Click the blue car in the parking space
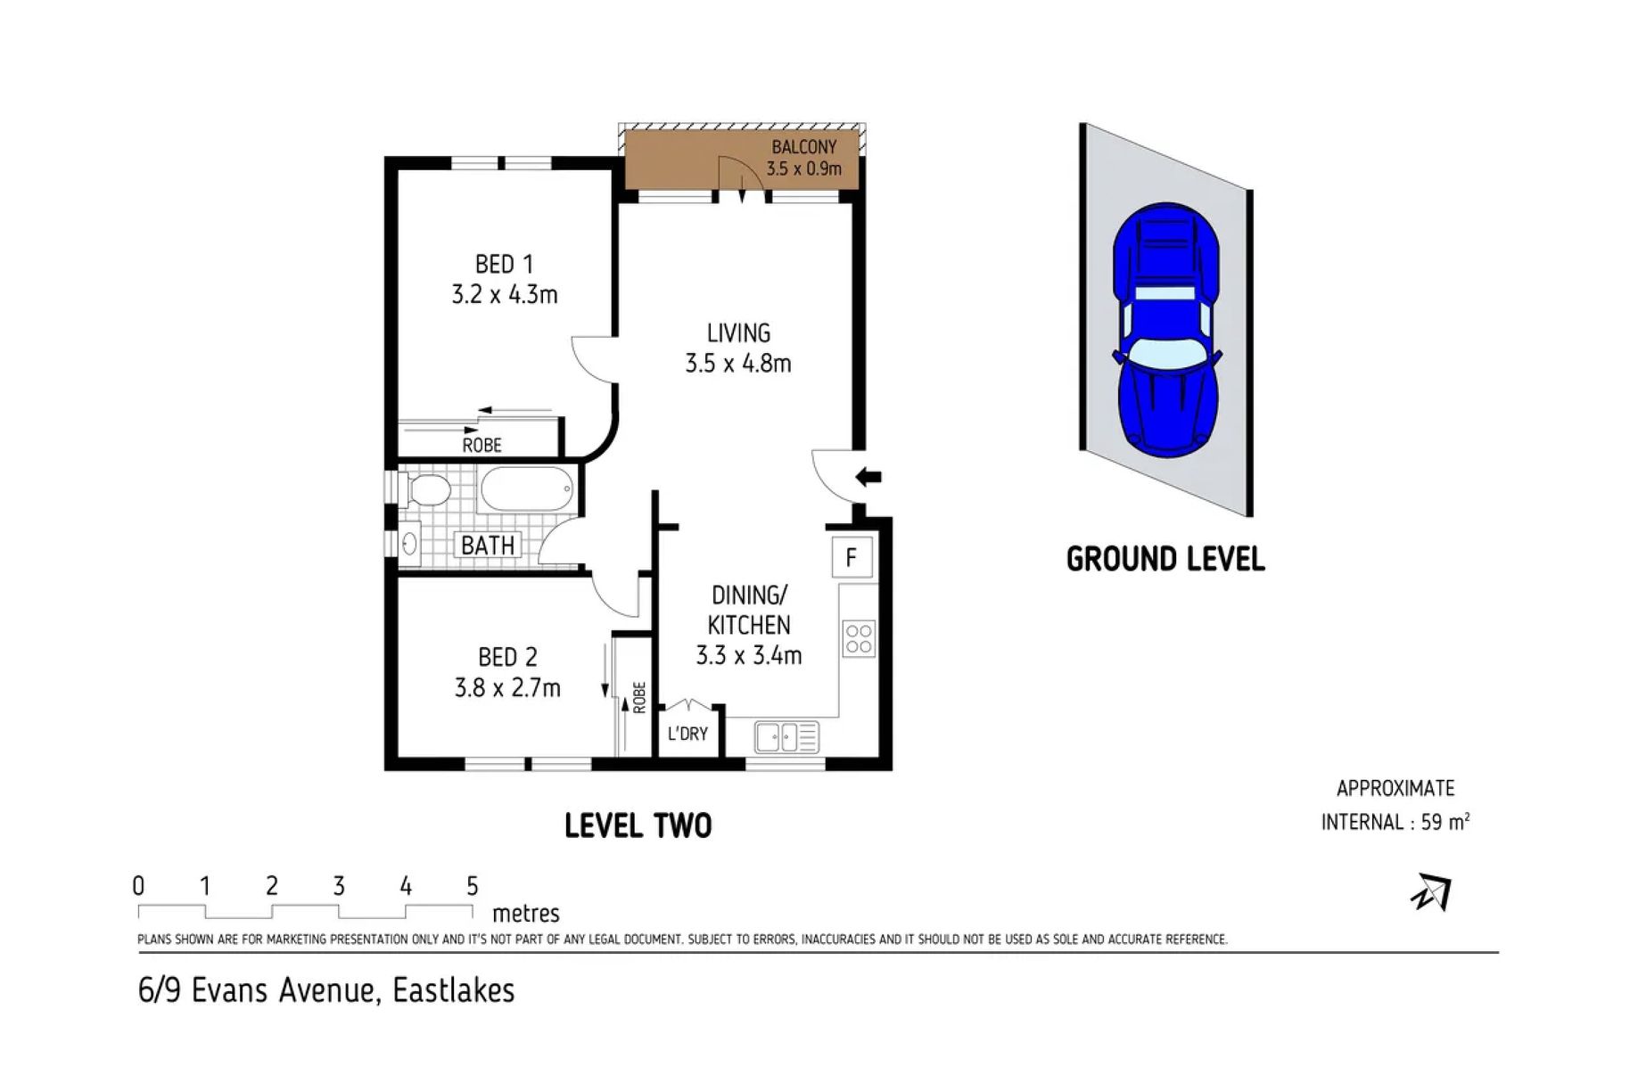1165,327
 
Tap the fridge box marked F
851,558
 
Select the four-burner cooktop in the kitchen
859,638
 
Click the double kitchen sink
786,737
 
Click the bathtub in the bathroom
526,490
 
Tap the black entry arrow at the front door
868,477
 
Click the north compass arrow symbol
1431,893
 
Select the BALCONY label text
804,147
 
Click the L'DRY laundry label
687,734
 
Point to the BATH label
488,545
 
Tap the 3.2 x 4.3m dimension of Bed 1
505,295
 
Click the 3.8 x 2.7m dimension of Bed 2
507,688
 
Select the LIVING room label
738,333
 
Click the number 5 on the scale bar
473,886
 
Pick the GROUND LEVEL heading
1165,560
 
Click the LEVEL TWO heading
638,826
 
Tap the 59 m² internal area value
1445,822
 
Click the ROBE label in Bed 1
482,445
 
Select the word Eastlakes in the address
454,991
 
